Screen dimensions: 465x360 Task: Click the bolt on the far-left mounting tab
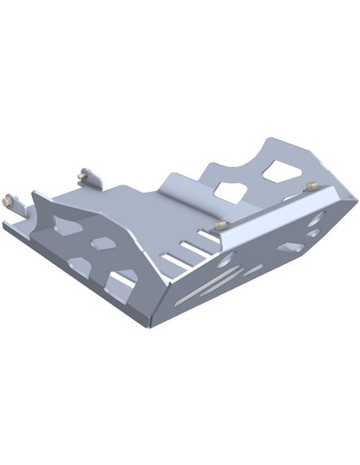pos(10,201)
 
